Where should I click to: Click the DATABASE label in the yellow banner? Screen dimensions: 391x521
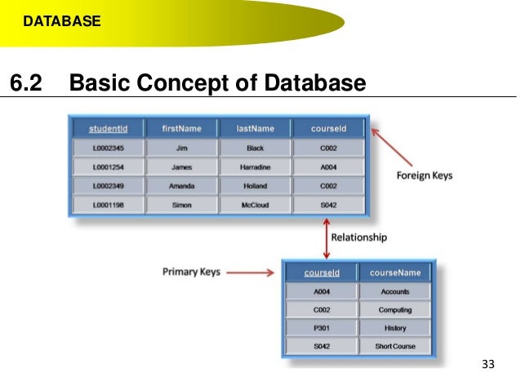[x=61, y=21]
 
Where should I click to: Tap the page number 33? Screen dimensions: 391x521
[x=488, y=363]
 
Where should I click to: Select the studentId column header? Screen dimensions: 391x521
[x=108, y=128]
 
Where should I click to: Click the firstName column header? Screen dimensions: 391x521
[x=181, y=128]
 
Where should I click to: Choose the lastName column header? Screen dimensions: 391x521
[x=254, y=128]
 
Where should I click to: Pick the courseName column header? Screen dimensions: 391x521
[x=395, y=273]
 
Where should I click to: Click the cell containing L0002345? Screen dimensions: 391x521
[x=108, y=149]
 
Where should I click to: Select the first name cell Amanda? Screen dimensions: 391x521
[x=181, y=186]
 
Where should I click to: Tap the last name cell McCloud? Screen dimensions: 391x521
[x=254, y=206]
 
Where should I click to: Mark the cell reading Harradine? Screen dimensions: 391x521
[x=254, y=167]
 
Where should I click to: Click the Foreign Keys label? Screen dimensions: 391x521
[x=424, y=176]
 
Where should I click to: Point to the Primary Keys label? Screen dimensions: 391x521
[x=191, y=272]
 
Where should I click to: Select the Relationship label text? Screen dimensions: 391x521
[x=358, y=238]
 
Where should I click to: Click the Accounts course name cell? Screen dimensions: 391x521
[x=395, y=291]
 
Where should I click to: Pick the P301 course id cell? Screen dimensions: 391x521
[x=321, y=328]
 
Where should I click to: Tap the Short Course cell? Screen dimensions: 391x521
[x=395, y=347]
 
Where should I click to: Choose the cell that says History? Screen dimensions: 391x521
[x=395, y=328]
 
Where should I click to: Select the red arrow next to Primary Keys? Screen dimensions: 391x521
[x=251, y=273]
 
